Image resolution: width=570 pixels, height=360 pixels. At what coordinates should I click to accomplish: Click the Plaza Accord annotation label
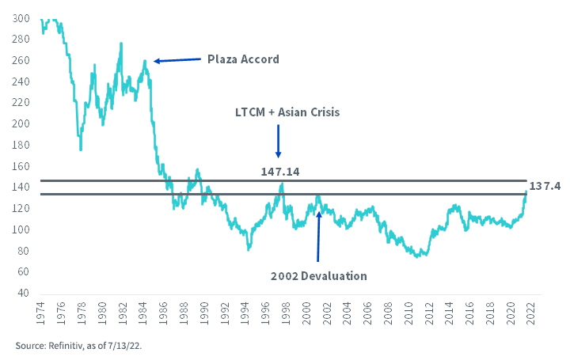click(x=243, y=59)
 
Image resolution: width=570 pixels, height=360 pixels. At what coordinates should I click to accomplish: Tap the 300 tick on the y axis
click(x=24, y=18)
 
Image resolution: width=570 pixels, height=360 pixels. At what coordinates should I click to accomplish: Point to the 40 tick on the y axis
click(x=26, y=293)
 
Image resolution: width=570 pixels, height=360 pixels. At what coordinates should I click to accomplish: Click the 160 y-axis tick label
click(x=24, y=166)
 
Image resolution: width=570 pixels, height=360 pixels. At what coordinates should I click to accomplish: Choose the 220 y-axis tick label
click(x=24, y=103)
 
